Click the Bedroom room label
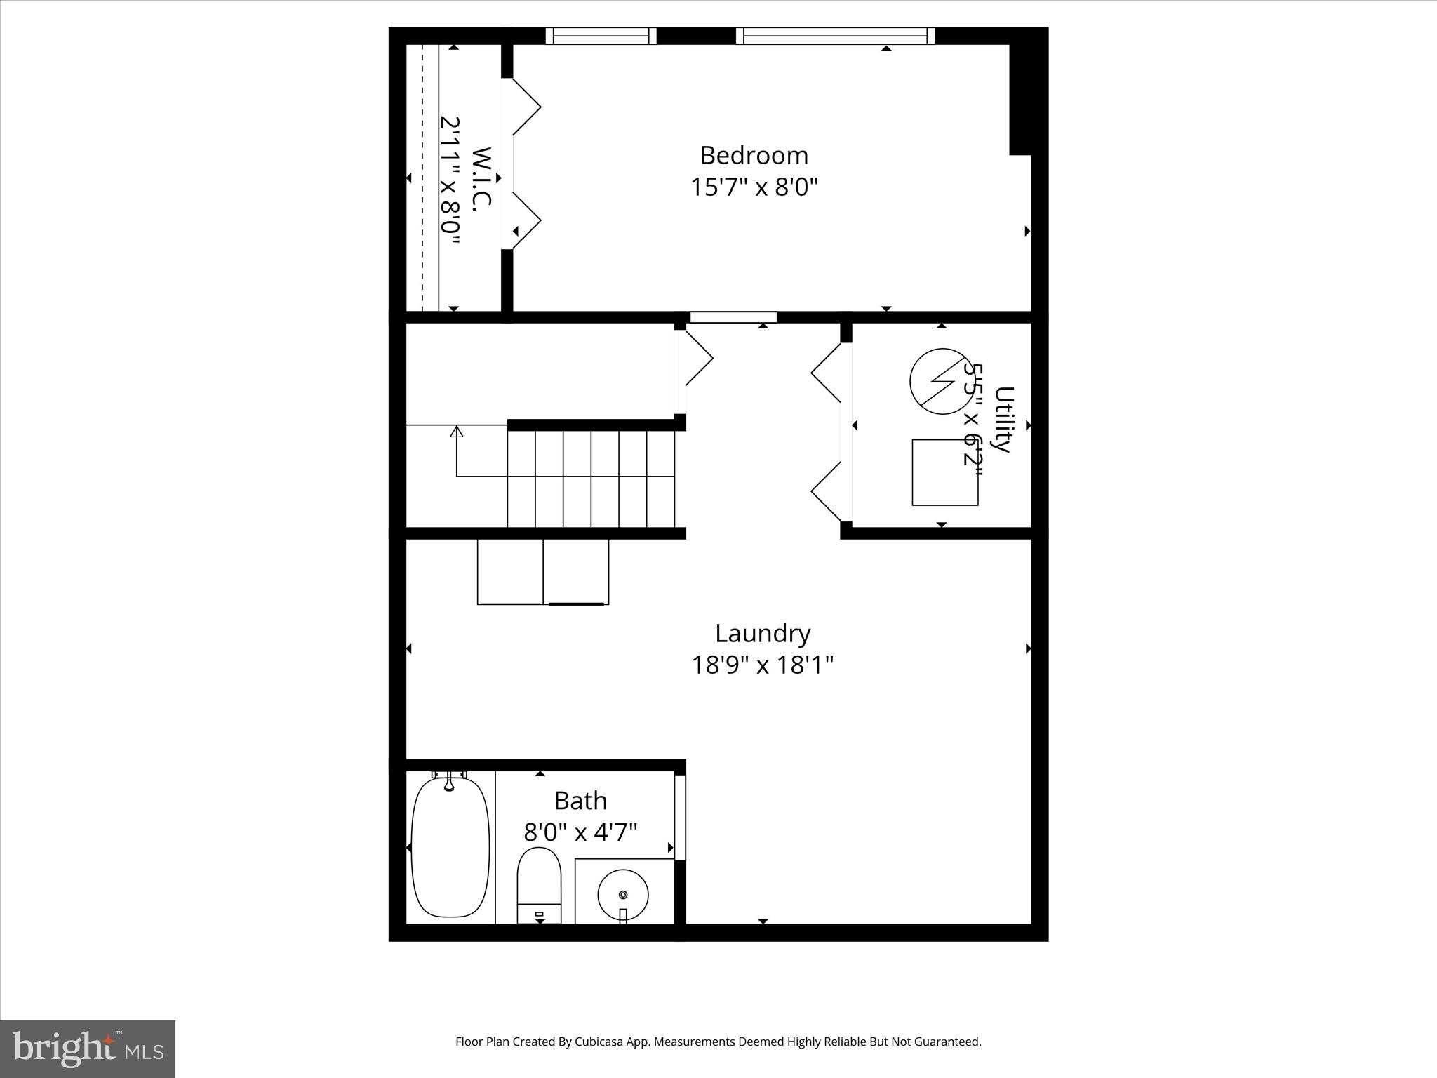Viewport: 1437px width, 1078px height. tap(754, 155)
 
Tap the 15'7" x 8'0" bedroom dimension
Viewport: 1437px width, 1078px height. tap(754, 187)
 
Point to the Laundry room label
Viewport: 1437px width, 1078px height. tap(763, 634)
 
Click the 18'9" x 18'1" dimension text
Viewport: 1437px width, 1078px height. tap(763, 665)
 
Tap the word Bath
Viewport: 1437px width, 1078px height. tap(580, 801)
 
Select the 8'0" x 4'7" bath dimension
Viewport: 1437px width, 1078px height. tap(580, 833)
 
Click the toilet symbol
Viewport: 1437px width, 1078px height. tap(539, 884)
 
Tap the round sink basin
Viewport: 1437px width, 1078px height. tap(622, 894)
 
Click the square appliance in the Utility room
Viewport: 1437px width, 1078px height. tap(944, 472)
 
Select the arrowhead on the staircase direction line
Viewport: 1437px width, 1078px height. tap(457, 431)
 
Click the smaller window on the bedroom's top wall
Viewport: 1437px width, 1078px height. tap(601, 36)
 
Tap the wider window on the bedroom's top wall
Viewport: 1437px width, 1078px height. tap(835, 36)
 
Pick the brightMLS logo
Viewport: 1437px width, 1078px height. tap(88, 1049)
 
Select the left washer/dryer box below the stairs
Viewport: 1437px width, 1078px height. tap(510, 571)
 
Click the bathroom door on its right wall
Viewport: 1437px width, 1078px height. tap(679, 817)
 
